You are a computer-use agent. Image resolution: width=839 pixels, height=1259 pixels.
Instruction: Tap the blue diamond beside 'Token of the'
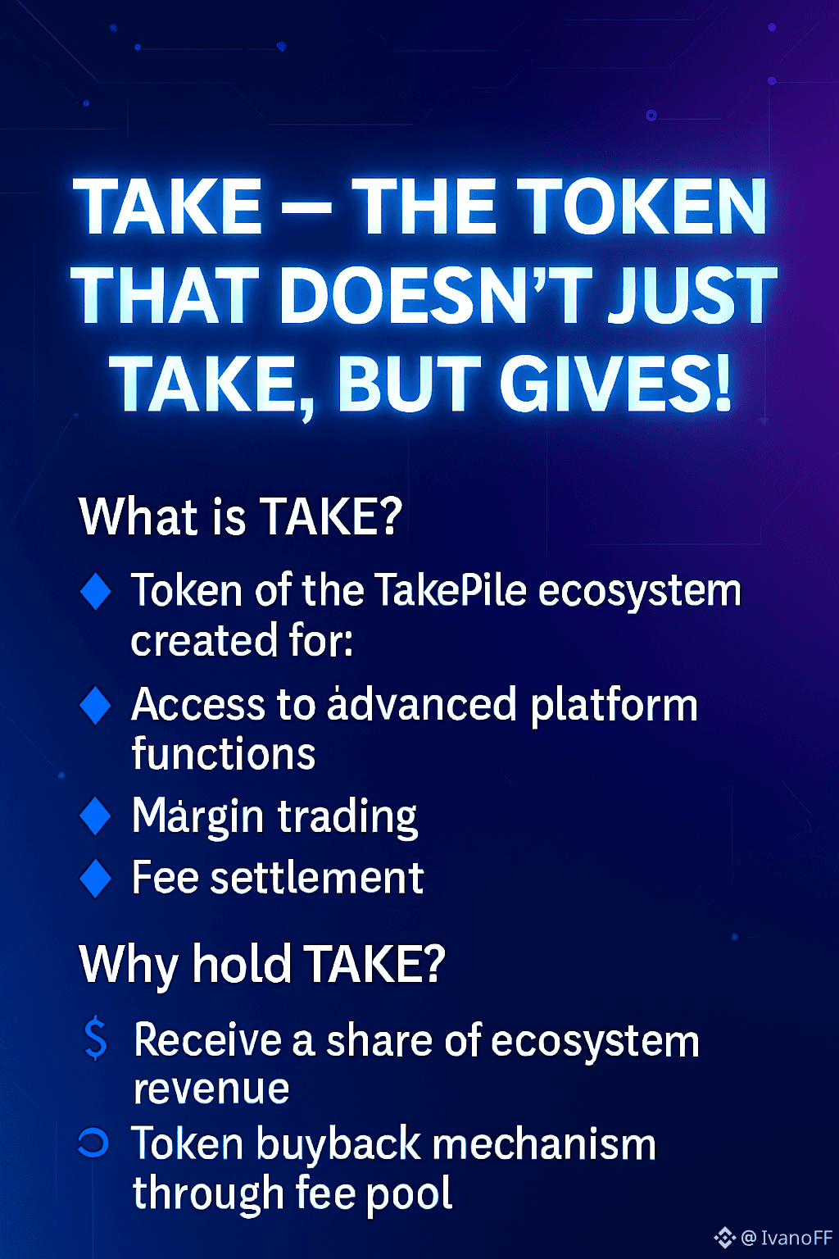(x=96, y=591)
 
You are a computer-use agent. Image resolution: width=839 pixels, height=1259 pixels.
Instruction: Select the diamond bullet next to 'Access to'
(x=96, y=705)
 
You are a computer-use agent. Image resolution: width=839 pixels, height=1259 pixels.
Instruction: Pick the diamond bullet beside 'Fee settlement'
(x=96, y=879)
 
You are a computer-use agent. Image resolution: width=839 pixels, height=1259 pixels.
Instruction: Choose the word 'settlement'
(x=317, y=877)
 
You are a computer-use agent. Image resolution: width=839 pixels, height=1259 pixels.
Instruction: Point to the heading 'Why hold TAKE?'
(x=262, y=965)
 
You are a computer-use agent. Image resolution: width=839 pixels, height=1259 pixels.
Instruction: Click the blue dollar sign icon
(x=96, y=1038)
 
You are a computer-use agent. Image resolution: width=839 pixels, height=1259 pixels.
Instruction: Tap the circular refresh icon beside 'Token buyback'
(x=93, y=1143)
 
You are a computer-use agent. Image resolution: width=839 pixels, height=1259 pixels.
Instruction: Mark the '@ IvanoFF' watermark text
(x=787, y=1237)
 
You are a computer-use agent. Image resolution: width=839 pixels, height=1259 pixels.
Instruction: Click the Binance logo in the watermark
(x=725, y=1237)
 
